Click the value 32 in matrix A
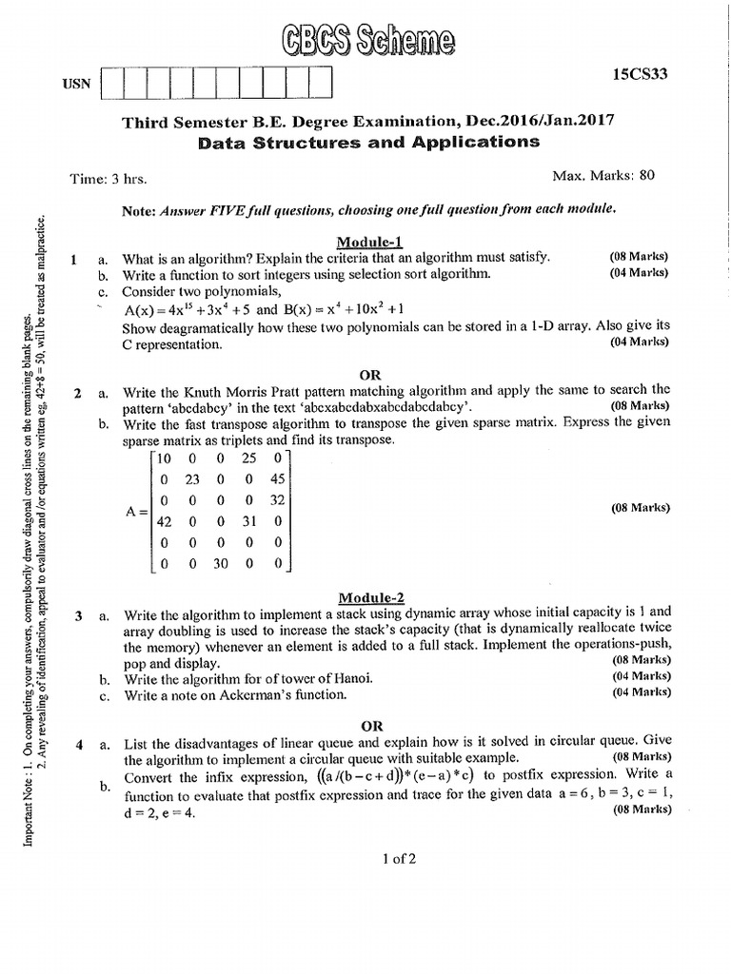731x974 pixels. coord(277,500)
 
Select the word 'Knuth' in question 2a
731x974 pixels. coord(205,389)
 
